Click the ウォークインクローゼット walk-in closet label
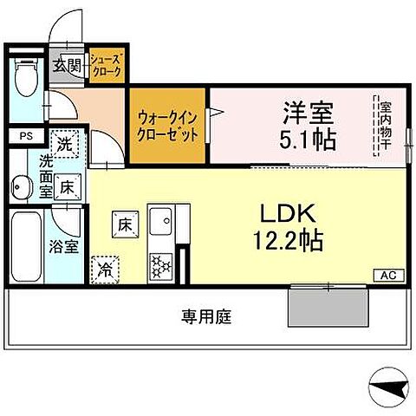(x=167, y=127)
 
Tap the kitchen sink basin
(x=161, y=224)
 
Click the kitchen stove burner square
(x=161, y=263)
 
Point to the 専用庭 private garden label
(x=206, y=316)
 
